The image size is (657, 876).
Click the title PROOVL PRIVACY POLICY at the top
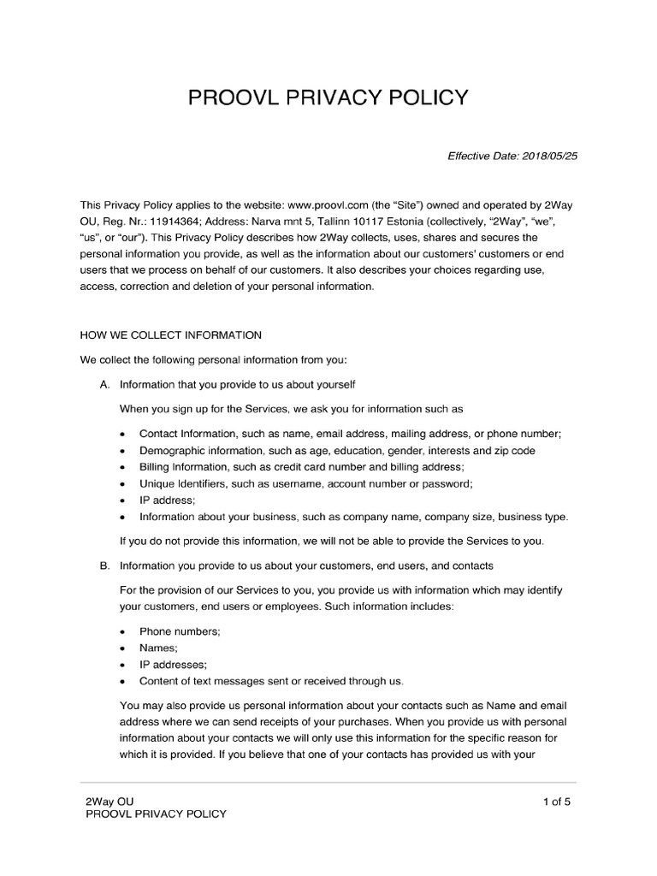pyautogui.click(x=328, y=98)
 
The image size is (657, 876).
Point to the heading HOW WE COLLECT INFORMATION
pyautogui.click(x=170, y=334)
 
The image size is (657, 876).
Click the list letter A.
pyautogui.click(x=104, y=386)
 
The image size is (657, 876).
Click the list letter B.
pyautogui.click(x=104, y=566)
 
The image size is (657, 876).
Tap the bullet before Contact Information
pyautogui.click(x=123, y=435)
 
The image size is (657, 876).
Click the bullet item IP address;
pyautogui.click(x=168, y=500)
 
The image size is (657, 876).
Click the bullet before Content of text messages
pyautogui.click(x=123, y=682)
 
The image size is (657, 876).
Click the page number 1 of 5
pyautogui.click(x=556, y=802)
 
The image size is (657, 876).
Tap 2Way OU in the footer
pyautogui.click(x=109, y=802)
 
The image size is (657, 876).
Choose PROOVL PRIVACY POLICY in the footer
pyautogui.click(x=157, y=814)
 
